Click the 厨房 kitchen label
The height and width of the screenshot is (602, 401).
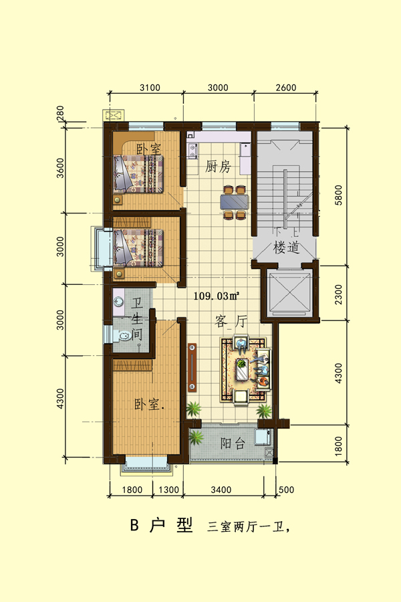(x=218, y=167)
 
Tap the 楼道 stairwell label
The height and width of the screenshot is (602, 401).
(x=286, y=247)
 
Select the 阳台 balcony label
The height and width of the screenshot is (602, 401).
(x=233, y=443)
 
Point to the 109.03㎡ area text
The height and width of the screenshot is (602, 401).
(x=217, y=296)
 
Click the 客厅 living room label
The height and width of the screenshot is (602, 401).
(x=231, y=321)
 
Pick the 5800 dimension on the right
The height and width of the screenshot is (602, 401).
(x=338, y=195)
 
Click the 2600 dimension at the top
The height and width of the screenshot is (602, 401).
(x=286, y=88)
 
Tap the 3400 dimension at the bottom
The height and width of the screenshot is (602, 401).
(x=221, y=490)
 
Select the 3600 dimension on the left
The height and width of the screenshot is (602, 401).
(x=60, y=168)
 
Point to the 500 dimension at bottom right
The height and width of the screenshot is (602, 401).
(x=286, y=490)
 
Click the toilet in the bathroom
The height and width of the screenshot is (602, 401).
(x=123, y=336)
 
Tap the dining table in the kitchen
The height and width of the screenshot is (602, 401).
(x=235, y=202)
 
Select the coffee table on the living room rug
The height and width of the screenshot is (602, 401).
(x=242, y=369)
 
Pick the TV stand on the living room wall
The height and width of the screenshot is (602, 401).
(x=192, y=367)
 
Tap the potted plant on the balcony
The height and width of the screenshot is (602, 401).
(x=196, y=437)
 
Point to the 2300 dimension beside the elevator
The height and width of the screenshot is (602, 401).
(x=338, y=294)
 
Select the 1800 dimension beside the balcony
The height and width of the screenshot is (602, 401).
(x=338, y=445)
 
